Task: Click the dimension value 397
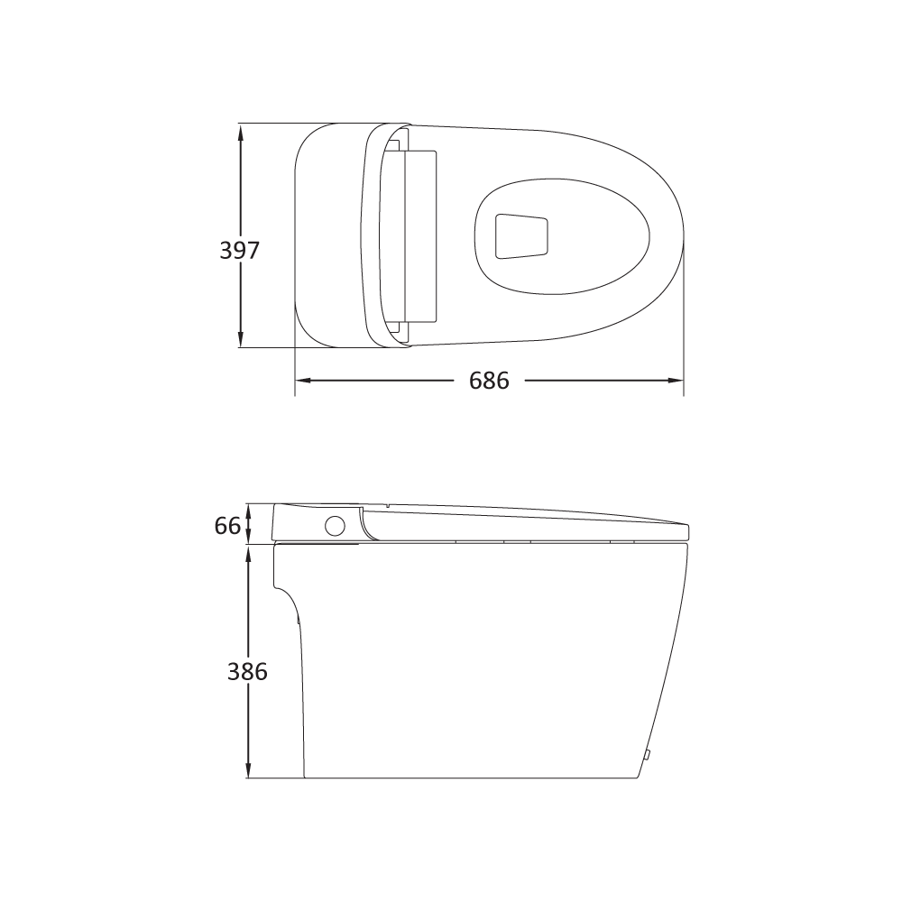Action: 240,250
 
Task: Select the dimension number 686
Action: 489,381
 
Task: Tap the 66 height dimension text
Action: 227,526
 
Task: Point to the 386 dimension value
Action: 247,672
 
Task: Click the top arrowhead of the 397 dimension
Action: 241,131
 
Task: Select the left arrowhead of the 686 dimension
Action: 303,381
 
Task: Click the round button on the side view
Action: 336,526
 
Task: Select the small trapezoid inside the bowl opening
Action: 521,235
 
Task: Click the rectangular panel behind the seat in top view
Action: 420,235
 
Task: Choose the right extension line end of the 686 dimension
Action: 683,393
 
